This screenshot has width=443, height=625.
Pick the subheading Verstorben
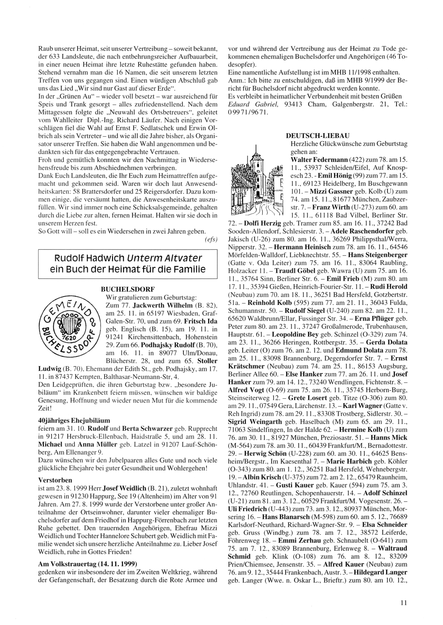[x=55, y=479]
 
